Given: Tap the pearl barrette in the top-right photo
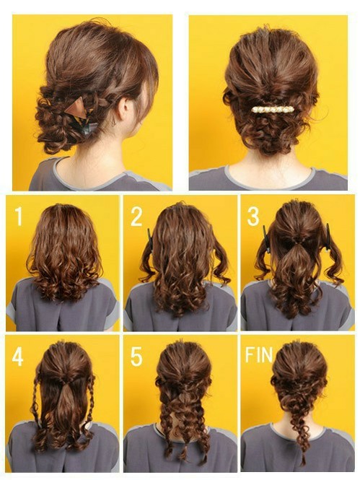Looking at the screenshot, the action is point(273,109).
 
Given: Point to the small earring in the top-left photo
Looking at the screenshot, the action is point(113,123).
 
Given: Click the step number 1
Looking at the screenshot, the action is point(18,216).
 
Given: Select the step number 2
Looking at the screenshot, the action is point(136,216).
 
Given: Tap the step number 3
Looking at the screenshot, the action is point(253,216).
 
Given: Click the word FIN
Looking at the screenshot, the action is point(259,354).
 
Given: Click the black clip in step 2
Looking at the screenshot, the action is point(150,239).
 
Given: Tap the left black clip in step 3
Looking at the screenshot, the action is point(265,239).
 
